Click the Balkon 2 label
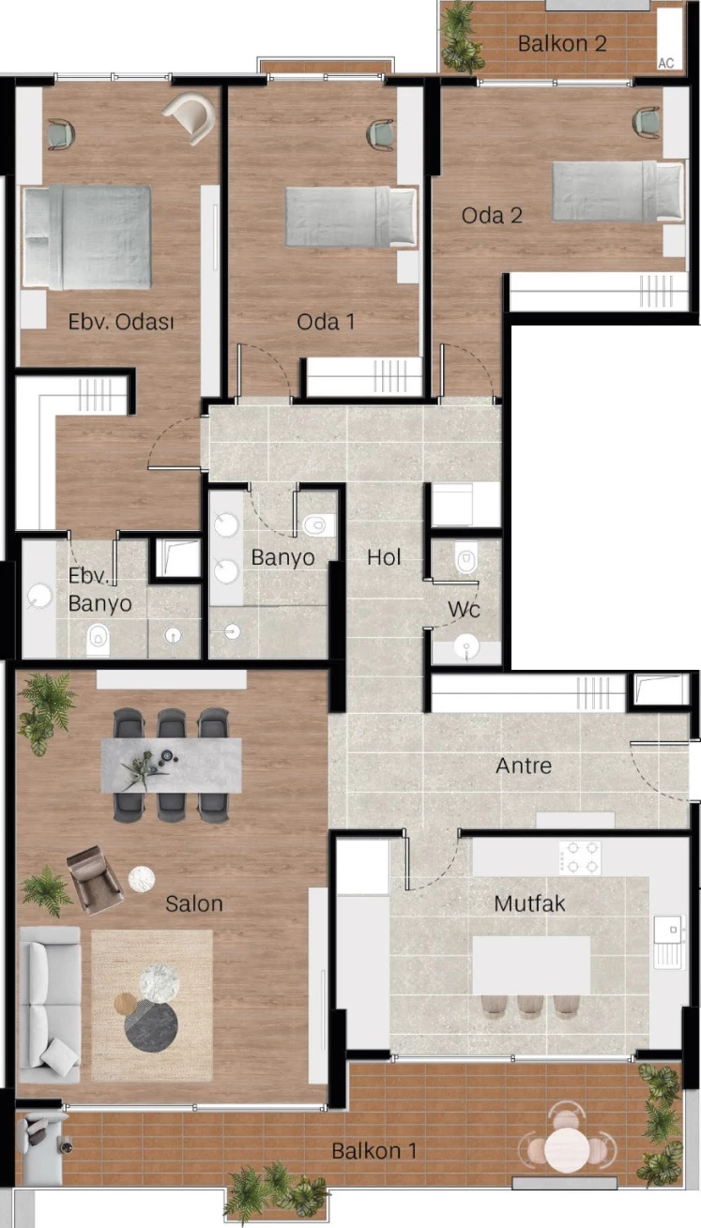tap(562, 44)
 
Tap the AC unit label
tap(666, 64)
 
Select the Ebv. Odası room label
tap(121, 321)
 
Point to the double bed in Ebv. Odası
tap(87, 236)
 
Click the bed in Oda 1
tap(351, 217)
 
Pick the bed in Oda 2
tap(618, 190)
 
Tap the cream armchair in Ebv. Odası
tap(190, 117)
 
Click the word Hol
tap(384, 557)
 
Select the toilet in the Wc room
tap(466, 559)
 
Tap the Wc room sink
tap(466, 647)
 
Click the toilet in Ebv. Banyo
tap(99, 639)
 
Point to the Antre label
tap(524, 766)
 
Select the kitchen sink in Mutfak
tap(669, 943)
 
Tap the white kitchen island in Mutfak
tap(531, 965)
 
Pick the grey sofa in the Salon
tap(50, 1005)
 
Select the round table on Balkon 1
tap(567, 1147)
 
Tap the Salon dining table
tap(171, 765)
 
